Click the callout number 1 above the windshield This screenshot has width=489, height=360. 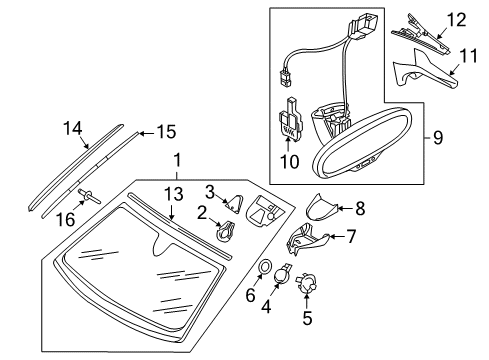(x=178, y=160)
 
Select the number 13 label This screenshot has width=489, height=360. (x=174, y=194)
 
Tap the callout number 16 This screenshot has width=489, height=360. (x=66, y=219)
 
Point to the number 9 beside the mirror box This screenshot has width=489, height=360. (x=438, y=137)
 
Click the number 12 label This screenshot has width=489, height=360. (x=456, y=20)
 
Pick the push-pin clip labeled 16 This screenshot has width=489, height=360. (x=89, y=196)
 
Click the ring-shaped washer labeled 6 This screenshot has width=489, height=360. (x=265, y=266)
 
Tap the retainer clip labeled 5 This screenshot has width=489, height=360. (x=306, y=283)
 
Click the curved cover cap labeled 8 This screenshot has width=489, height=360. (x=321, y=207)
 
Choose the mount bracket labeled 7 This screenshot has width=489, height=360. (x=307, y=239)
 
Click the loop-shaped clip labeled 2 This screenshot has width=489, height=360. (x=226, y=232)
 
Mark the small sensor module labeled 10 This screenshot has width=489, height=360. (x=290, y=119)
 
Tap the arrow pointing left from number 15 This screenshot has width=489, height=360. (x=147, y=134)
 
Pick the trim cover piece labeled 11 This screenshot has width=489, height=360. (x=425, y=70)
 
